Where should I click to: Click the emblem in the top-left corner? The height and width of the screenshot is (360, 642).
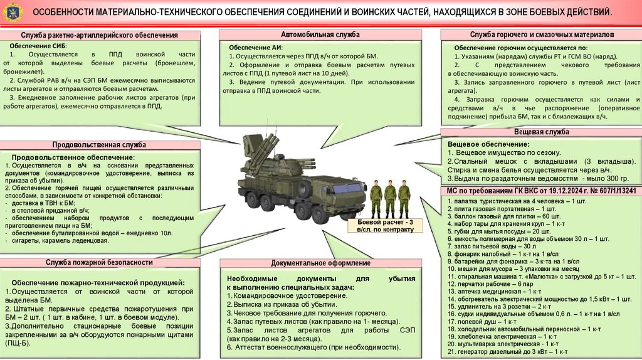click(x=11, y=13)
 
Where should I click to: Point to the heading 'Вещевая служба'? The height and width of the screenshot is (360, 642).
click(x=542, y=132)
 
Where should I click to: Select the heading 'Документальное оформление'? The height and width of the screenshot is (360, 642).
click(x=320, y=262)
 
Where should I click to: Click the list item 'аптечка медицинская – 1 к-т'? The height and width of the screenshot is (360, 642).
click(x=495, y=292)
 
